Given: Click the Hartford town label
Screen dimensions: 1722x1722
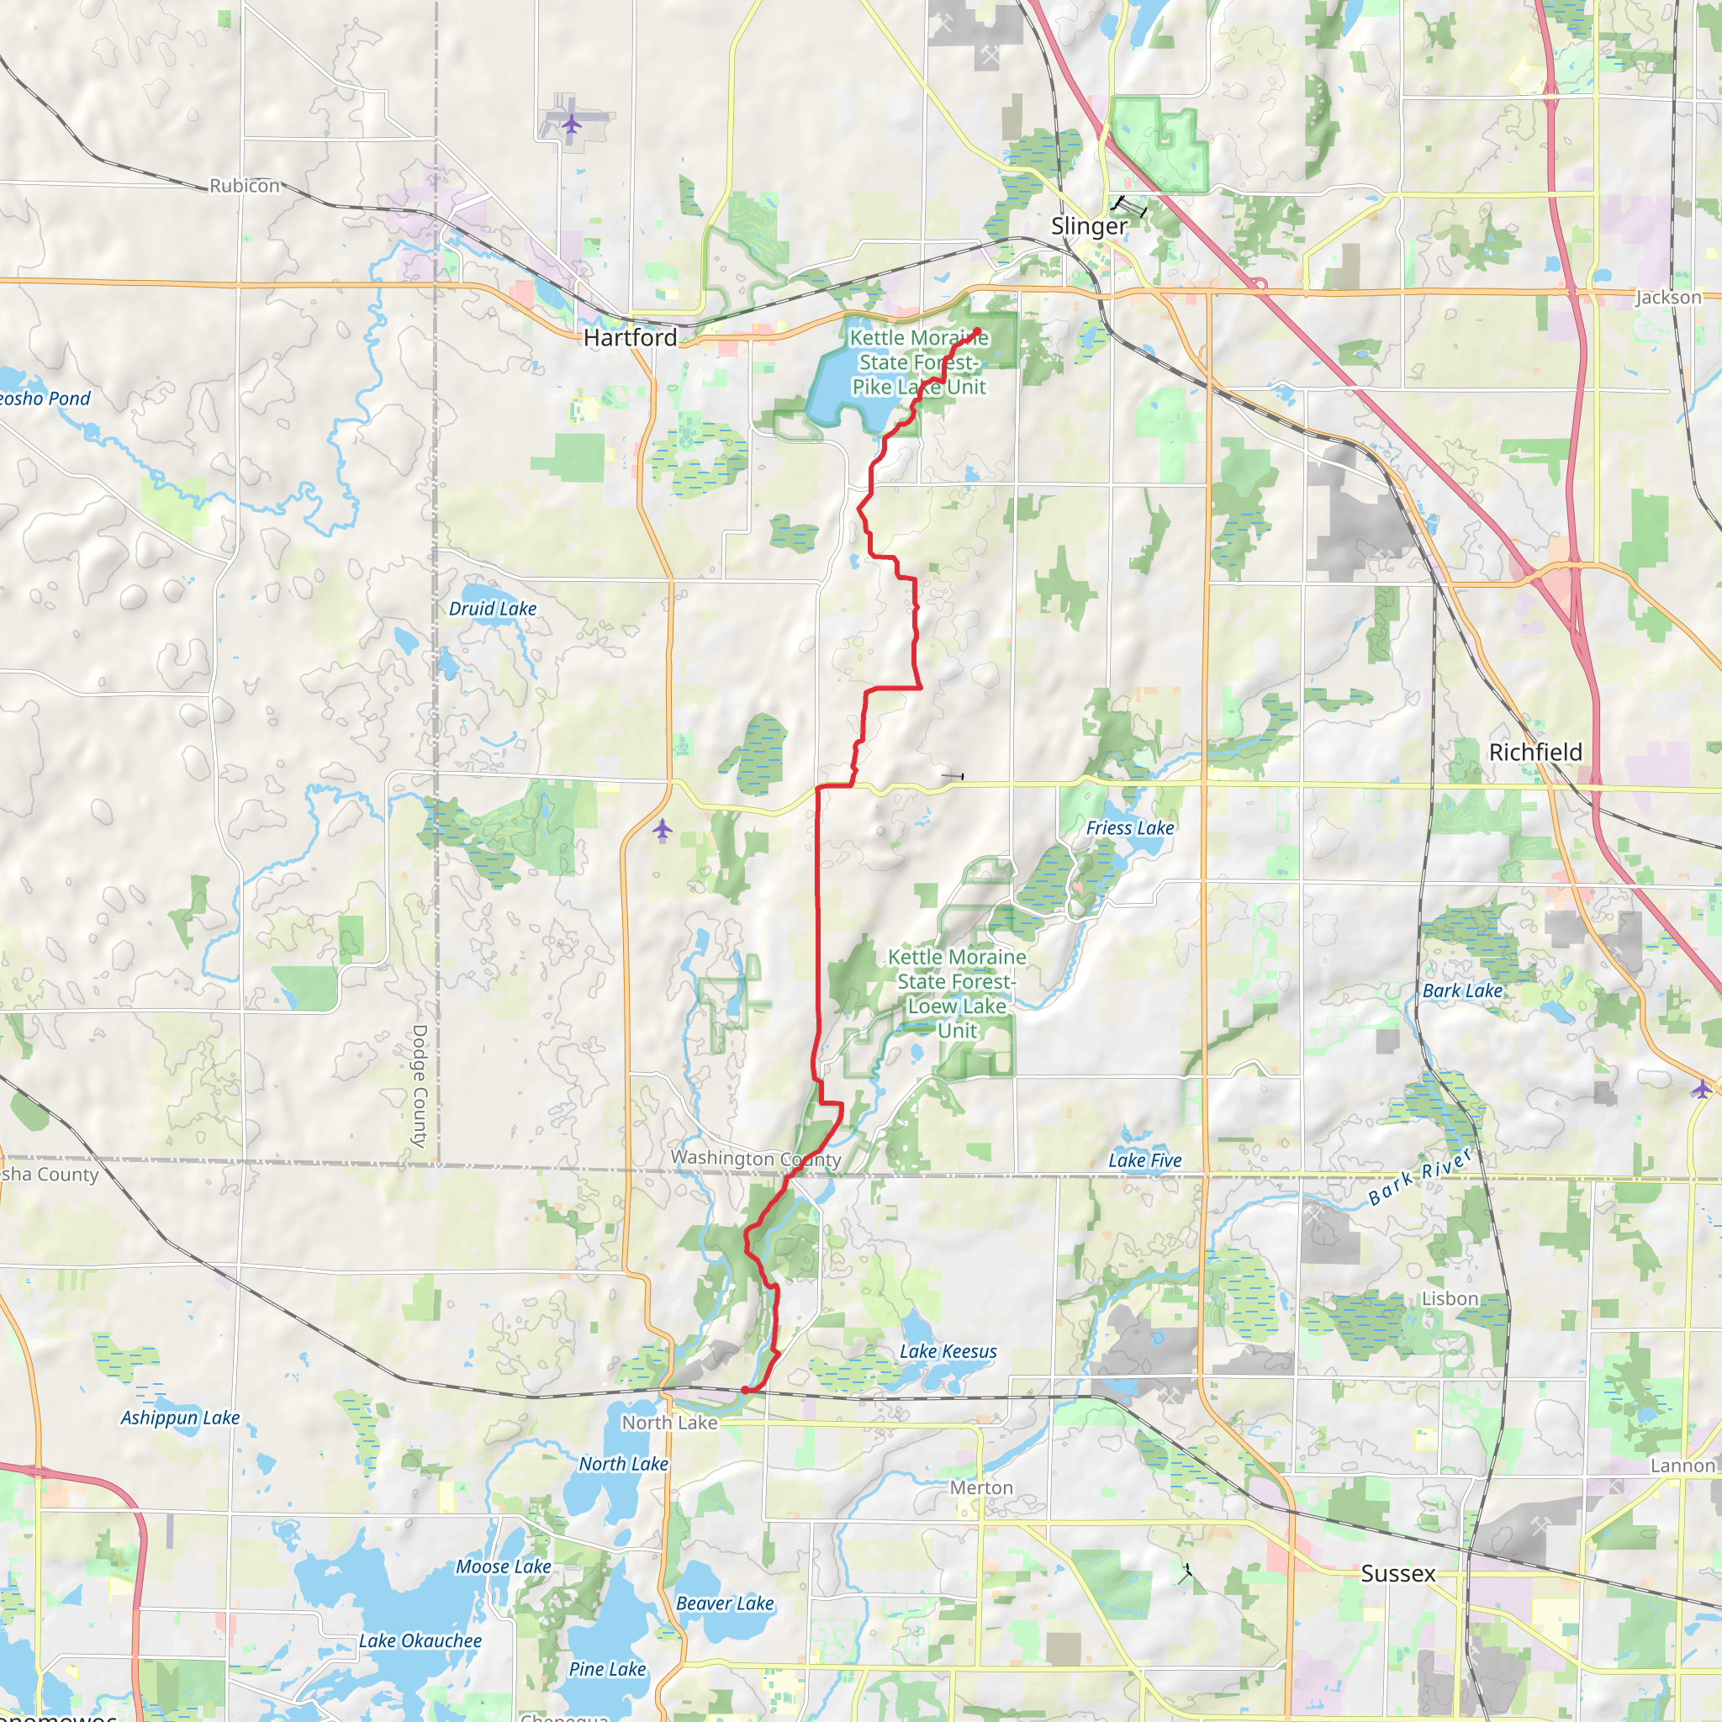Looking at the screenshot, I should click(x=630, y=338).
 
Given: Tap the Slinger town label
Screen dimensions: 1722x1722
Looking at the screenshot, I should click(x=1089, y=226).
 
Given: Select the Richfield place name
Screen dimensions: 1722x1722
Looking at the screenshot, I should click(x=1535, y=753).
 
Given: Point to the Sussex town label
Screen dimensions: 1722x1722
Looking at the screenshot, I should click(x=1397, y=1573).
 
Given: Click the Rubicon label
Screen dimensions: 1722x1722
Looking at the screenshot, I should click(x=244, y=185).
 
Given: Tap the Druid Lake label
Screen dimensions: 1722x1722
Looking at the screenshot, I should click(x=493, y=609).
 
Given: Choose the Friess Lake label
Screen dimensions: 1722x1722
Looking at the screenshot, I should click(x=1129, y=828).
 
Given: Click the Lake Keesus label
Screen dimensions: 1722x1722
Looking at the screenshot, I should click(x=948, y=1351).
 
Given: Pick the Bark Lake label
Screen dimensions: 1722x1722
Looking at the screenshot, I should click(x=1461, y=991).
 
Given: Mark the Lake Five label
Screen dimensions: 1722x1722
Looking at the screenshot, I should click(x=1144, y=1160).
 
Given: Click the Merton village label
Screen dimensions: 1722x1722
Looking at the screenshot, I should click(x=981, y=1487).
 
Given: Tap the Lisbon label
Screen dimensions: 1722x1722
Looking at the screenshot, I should click(x=1450, y=1298).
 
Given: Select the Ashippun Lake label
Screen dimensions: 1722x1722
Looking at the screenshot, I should click(x=180, y=1417).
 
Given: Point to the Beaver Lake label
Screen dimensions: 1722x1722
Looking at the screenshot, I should click(x=725, y=1603).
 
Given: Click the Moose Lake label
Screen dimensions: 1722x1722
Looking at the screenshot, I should click(x=504, y=1566).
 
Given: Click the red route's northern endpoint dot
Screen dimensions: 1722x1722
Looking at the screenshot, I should click(x=977, y=332).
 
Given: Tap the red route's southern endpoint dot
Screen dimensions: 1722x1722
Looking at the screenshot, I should click(x=745, y=1390).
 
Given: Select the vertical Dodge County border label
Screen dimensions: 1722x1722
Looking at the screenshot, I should click(x=420, y=1085).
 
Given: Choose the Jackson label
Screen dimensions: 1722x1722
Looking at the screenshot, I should click(x=1667, y=298).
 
